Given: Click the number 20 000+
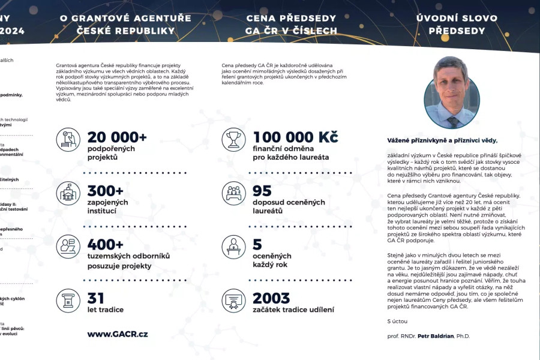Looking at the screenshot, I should (117, 137).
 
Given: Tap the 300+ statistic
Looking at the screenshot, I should (106, 191).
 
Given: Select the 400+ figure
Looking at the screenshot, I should (106, 244).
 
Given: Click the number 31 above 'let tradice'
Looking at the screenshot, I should (96, 298).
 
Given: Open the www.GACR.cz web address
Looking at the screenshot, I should (118, 334).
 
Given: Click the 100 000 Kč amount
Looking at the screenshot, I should (295, 137).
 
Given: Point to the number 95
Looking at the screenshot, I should (262, 191).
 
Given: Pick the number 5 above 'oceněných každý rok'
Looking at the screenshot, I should (257, 244).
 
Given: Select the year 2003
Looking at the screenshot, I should (271, 298).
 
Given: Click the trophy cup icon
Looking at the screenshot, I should (233, 140).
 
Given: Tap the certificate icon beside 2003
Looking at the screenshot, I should (233, 301).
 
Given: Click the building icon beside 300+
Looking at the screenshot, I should (68, 193).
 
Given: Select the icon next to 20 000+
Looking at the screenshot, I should (68, 140).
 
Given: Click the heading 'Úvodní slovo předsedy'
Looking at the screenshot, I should (457, 24).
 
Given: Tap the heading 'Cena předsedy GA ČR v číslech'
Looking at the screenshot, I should (292, 24).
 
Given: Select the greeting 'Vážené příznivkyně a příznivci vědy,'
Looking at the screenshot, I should (443, 140).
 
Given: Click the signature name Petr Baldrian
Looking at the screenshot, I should (437, 336).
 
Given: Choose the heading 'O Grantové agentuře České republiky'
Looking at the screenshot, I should (125, 24).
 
